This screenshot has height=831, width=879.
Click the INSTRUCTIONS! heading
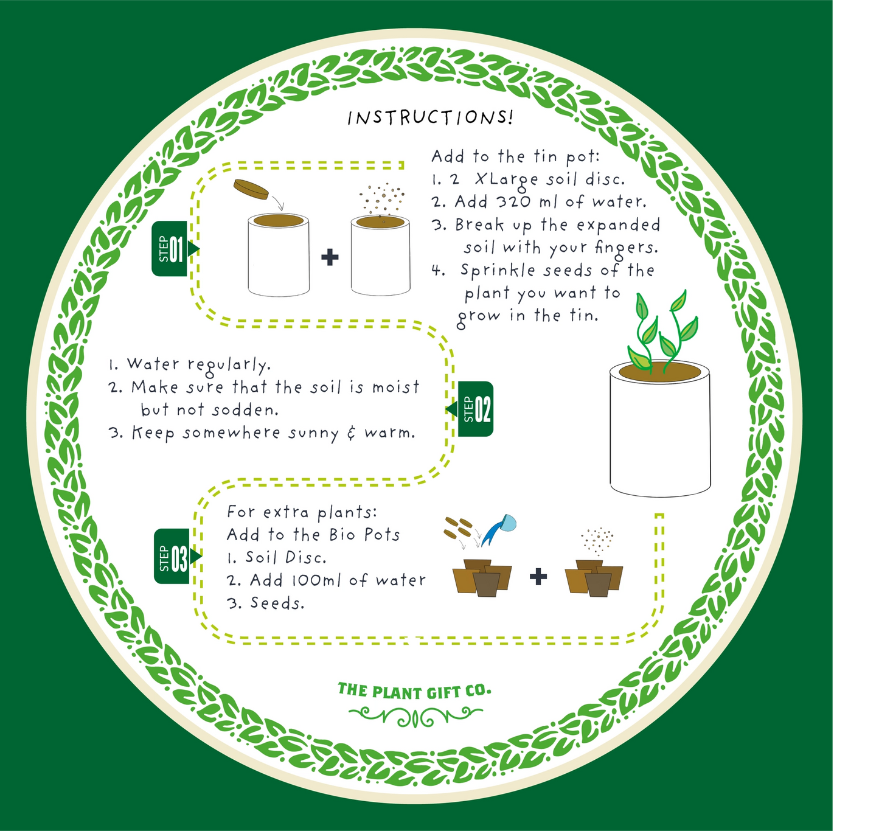[430, 117]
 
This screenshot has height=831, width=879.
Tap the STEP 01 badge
[170, 249]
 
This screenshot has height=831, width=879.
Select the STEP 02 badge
[476, 409]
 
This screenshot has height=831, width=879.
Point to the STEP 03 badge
[172, 557]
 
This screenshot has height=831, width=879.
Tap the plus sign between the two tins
[330, 257]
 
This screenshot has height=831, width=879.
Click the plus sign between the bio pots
[538, 576]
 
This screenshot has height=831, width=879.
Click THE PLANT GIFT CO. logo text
[414, 691]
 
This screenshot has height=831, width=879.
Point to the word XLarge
[506, 179]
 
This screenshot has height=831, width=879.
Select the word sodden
[245, 410]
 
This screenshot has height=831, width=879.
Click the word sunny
[314, 433]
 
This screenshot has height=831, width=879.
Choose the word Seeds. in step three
[277, 603]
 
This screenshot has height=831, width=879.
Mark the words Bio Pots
[364, 535]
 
